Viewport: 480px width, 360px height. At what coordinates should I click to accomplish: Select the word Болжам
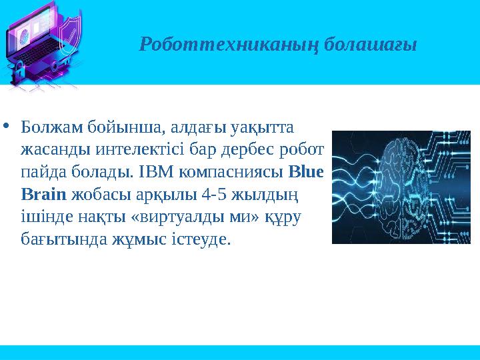[x=50, y=126]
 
